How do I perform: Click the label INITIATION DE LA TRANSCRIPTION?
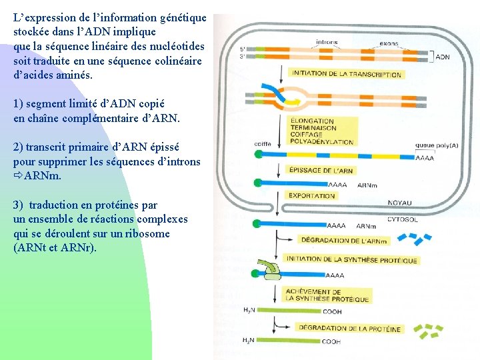coord(346,73)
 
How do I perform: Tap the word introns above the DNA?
coord(327,43)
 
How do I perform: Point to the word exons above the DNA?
coord(389,44)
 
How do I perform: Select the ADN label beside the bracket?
coord(443,57)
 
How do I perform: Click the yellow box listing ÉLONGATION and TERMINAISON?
coord(321,131)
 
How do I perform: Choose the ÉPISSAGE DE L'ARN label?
coord(321,171)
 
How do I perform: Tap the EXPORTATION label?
coord(311,196)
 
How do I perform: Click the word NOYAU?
coord(400,203)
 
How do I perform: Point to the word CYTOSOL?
coord(403,219)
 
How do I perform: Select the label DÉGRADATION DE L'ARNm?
coord(344,241)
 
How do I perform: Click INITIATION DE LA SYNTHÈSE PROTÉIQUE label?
coord(351,260)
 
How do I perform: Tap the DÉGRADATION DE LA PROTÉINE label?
coord(350,329)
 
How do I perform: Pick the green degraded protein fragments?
coord(427,331)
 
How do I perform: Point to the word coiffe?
coord(263,144)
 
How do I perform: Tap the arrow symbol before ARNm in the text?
coord(18,177)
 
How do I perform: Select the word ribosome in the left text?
coord(151,234)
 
